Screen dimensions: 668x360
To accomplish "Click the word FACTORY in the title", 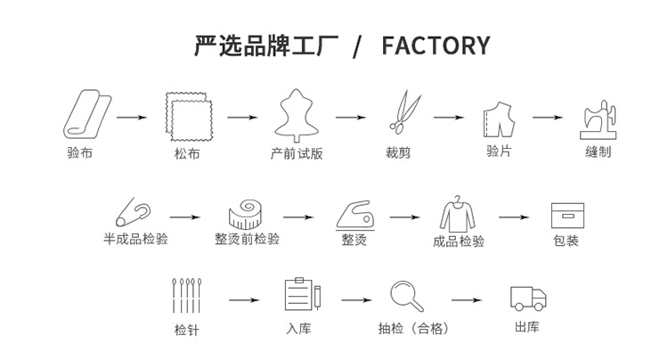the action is tap(436, 45).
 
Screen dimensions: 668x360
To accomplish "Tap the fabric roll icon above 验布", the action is tap(87, 114).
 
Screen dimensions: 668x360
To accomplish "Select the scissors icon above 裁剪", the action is tap(404, 111).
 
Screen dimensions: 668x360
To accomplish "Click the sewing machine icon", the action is tap(599, 119).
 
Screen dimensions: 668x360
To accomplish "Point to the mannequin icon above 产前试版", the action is tap(296, 115).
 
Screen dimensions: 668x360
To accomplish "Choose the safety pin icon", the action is tap(133, 212).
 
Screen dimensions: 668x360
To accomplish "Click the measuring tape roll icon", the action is tap(245, 214).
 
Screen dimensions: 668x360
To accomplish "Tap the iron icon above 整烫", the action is tap(355, 216).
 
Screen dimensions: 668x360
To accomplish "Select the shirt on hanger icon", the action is tap(458, 214).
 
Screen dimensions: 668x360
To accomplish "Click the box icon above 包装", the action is tap(567, 216).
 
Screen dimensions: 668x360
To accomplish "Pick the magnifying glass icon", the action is tap(407, 297).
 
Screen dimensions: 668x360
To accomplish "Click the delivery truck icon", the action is tap(528, 299).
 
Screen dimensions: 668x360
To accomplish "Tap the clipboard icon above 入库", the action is tap(303, 294).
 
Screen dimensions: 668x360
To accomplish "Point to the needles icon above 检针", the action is tap(187, 296).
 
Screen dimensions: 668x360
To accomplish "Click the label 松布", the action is tap(187, 153).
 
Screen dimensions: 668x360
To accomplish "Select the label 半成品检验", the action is tap(135, 239).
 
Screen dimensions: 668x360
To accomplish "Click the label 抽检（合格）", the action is tap(413, 329).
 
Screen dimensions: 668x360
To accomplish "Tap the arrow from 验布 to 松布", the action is tap(132, 117).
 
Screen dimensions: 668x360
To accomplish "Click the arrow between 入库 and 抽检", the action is tap(356, 300).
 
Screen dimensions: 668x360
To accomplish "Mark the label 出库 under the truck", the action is tap(527, 327).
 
